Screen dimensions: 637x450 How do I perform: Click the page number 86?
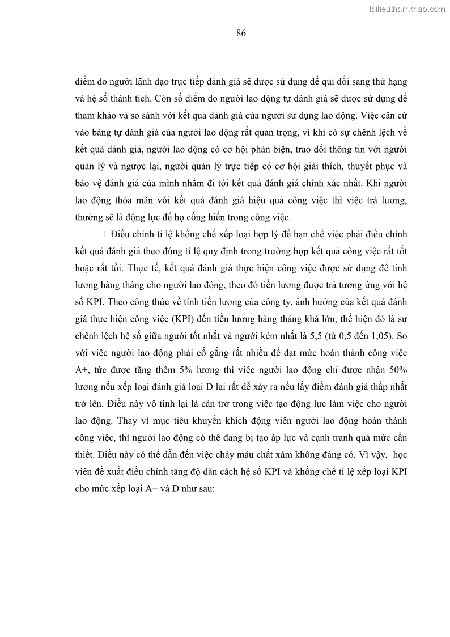241,33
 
